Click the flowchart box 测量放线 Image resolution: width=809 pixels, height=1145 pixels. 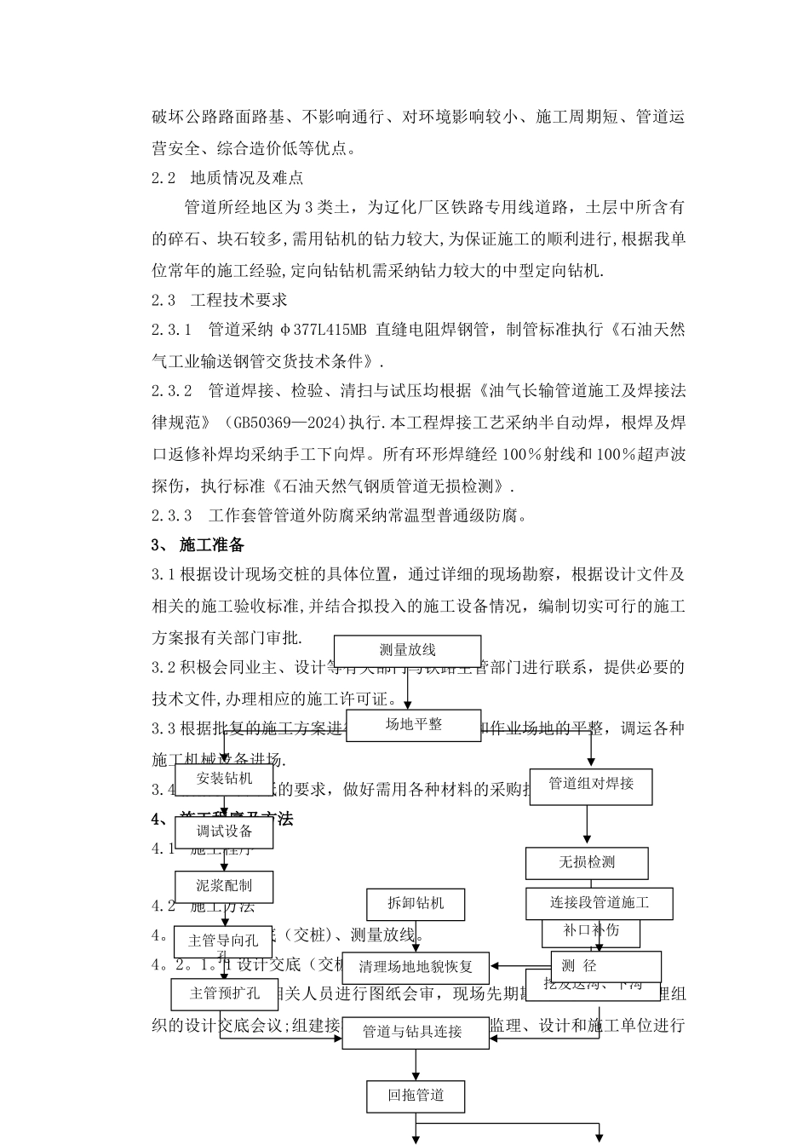(407, 651)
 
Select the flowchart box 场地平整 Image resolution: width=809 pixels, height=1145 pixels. (414, 725)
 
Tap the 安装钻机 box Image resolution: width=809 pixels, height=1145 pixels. (224, 779)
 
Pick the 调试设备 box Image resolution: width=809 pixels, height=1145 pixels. (224, 832)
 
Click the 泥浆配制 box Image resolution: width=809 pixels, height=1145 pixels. (224, 886)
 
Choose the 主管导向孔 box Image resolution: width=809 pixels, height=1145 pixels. (223, 941)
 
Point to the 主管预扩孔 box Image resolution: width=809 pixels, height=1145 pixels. (225, 993)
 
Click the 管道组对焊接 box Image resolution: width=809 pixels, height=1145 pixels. (591, 784)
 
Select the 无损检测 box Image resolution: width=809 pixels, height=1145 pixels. (587, 863)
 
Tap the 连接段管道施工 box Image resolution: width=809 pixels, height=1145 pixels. (599, 903)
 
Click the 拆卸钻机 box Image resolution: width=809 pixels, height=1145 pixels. (416, 904)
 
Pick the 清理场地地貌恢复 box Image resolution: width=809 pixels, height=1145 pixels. (416, 968)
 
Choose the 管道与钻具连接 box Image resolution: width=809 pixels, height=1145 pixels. (412, 1032)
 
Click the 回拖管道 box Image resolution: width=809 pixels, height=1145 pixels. (416, 1096)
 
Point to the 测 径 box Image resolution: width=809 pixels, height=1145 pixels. (605, 966)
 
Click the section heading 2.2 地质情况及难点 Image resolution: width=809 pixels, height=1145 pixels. (227, 178)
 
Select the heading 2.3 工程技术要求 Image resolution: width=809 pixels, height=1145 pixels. (220, 300)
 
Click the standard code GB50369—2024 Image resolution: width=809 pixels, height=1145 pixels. (284, 422)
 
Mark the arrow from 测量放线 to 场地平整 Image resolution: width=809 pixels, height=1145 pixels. (408, 688)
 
